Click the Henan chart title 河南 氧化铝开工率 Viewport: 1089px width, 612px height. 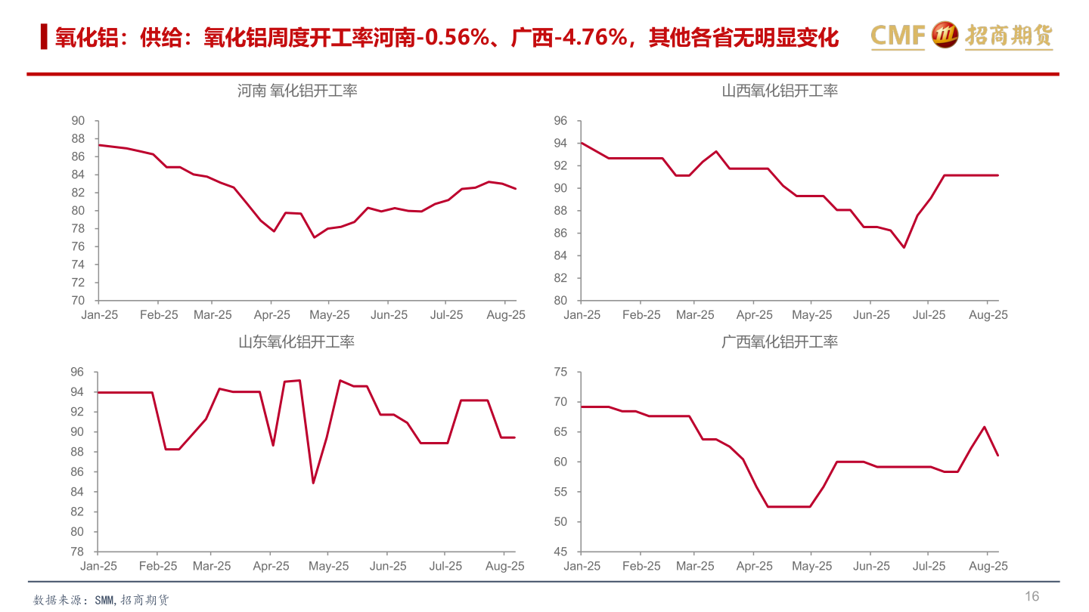pos(297,91)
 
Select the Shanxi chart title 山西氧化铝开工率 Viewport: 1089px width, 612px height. pos(780,91)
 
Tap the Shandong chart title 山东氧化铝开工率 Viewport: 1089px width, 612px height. pos(296,342)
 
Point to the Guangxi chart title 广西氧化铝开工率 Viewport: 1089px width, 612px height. pos(780,342)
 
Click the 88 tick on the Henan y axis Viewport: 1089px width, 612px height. pos(78,139)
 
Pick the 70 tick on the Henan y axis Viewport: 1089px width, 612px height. pos(78,301)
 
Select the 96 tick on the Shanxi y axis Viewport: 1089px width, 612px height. pos(560,121)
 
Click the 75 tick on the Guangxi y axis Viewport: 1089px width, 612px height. pos(560,372)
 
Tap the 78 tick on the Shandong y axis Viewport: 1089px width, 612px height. pos(78,552)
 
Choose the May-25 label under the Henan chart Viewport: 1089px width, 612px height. pos(330,315)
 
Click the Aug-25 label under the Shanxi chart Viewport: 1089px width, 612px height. pos(988,315)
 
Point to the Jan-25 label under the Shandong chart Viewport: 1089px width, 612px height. pos(99,566)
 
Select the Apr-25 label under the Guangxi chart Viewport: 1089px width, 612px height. pos(754,566)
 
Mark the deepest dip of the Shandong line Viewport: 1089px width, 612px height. pos(313,483)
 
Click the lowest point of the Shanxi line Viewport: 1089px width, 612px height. pos(904,247)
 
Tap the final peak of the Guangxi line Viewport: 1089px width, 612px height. pos(984,427)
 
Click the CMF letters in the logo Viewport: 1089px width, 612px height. pos(898,36)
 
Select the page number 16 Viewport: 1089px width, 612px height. pos(1032,596)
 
